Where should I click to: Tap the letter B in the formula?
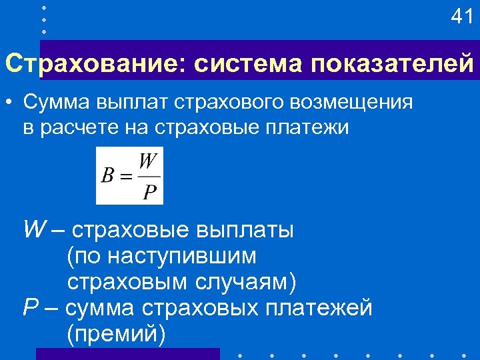tap(107, 177)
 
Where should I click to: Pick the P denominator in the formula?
tap(150, 193)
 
